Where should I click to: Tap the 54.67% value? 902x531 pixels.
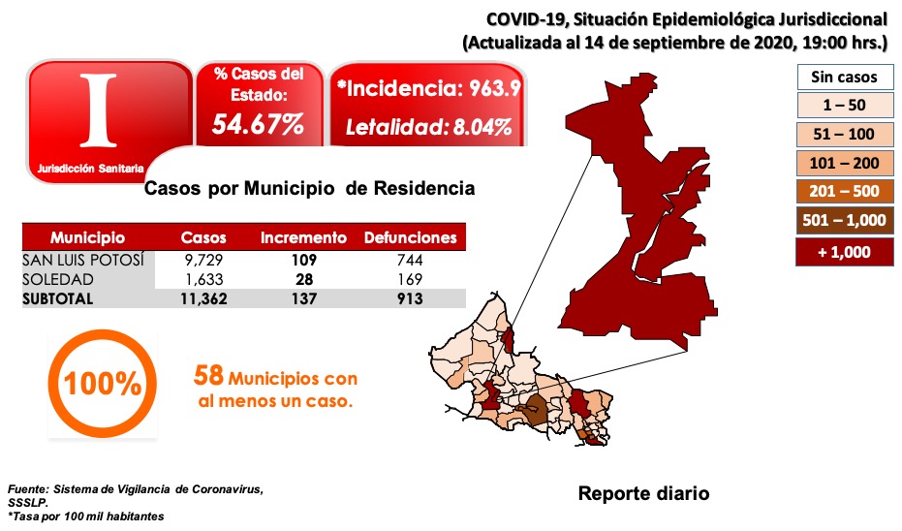pyautogui.click(x=259, y=125)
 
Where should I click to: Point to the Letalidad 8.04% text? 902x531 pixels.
pyautogui.click(x=429, y=127)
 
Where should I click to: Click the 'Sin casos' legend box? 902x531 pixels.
pyautogui.click(x=844, y=77)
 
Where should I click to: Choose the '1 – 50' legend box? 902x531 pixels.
pyautogui.click(x=844, y=106)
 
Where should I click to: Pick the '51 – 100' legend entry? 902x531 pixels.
pyautogui.click(x=844, y=134)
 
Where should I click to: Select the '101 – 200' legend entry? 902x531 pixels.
pyautogui.click(x=844, y=163)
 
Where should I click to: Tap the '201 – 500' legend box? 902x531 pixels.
pyautogui.click(x=844, y=192)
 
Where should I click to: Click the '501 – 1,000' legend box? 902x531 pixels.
pyautogui.click(x=844, y=221)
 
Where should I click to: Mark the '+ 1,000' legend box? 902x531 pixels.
pyautogui.click(x=844, y=251)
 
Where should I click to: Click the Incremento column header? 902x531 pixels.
pyautogui.click(x=303, y=238)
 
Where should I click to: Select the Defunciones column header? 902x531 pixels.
pyautogui.click(x=409, y=238)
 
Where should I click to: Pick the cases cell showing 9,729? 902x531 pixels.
pyautogui.click(x=203, y=261)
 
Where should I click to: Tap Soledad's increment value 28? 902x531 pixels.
pyautogui.click(x=303, y=280)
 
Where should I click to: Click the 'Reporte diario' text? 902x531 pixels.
pyautogui.click(x=643, y=493)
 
